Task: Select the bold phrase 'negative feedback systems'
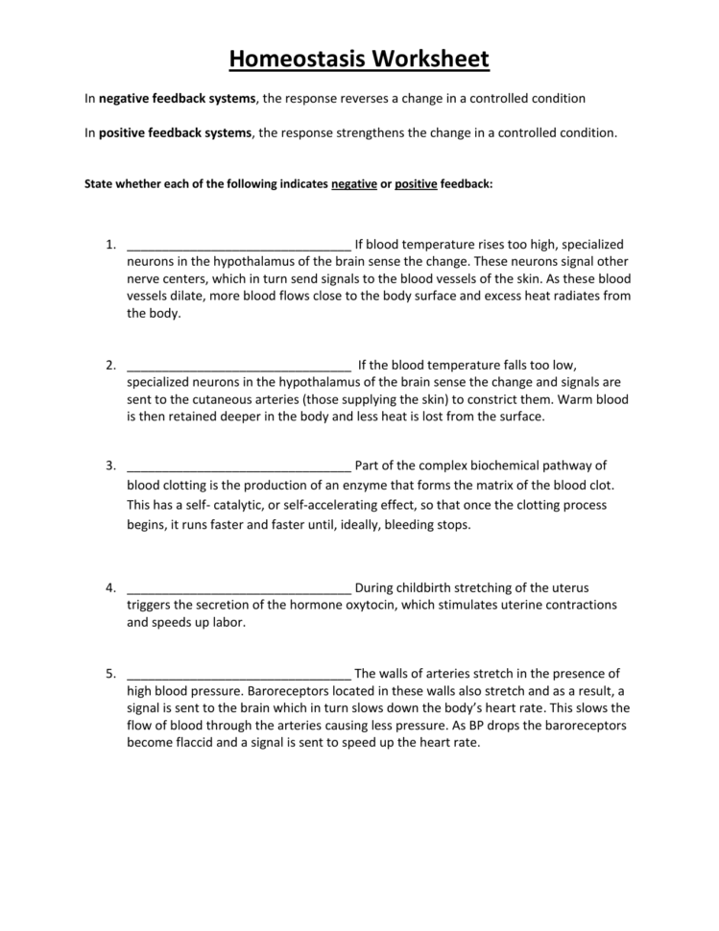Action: (x=178, y=99)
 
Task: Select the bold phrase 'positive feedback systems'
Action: (x=176, y=133)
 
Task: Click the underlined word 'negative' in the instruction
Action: (x=354, y=183)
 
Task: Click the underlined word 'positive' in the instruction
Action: (x=416, y=183)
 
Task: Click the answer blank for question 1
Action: (x=238, y=245)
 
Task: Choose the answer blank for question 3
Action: (x=238, y=465)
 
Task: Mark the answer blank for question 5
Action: (x=238, y=674)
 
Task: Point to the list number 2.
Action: (x=111, y=365)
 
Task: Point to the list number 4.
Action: (x=111, y=587)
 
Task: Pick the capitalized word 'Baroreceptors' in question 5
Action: (x=287, y=691)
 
